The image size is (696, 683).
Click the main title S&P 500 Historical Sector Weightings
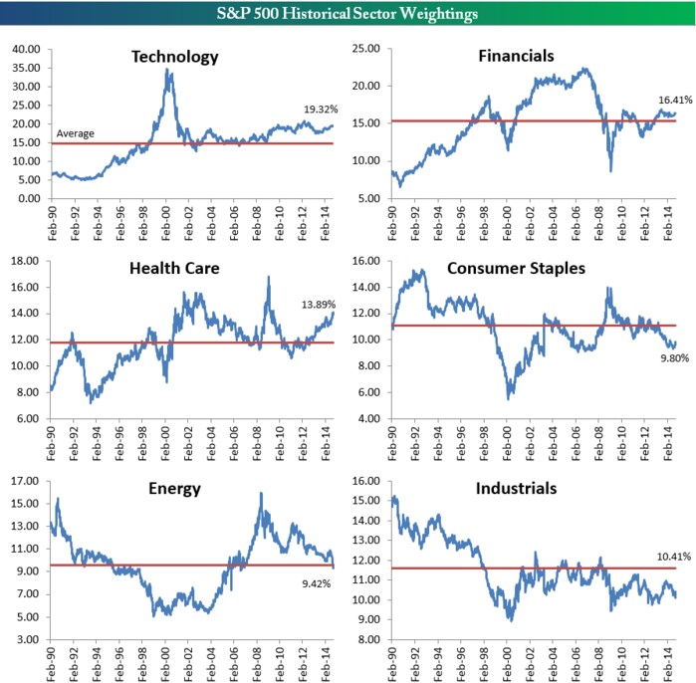tap(348, 14)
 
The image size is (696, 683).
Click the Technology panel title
tap(174, 56)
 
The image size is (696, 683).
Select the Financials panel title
tap(515, 56)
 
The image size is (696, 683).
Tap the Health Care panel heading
tap(174, 268)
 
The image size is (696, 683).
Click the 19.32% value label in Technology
tap(321, 109)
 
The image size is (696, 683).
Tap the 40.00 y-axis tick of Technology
tap(25, 48)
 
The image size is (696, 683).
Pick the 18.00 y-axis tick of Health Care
tap(25, 261)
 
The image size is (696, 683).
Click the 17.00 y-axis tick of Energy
tap(25, 481)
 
